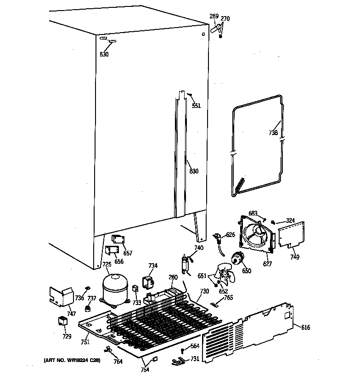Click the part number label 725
pyautogui.click(x=107, y=264)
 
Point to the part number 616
pyautogui.click(x=306, y=327)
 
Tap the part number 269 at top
pyautogui.click(x=214, y=17)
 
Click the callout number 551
pyautogui.click(x=196, y=106)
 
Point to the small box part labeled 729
pyautogui.click(x=62, y=322)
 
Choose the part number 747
pyautogui.click(x=71, y=314)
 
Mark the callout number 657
pyautogui.click(x=128, y=253)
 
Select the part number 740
pyautogui.click(x=198, y=248)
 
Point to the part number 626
pyautogui.click(x=230, y=235)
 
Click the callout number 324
pyautogui.click(x=289, y=221)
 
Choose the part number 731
pyautogui.click(x=195, y=359)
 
